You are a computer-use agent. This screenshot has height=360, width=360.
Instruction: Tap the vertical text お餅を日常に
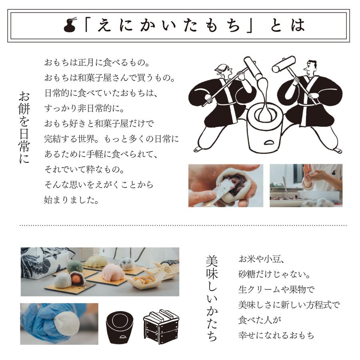(x=24, y=127)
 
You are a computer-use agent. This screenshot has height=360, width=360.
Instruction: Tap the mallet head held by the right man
(x=284, y=64)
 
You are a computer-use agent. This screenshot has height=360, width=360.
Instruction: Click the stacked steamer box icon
(x=161, y=327)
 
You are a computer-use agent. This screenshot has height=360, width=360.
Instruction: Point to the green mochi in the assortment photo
(x=75, y=267)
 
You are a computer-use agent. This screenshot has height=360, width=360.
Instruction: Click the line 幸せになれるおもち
(x=276, y=335)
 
